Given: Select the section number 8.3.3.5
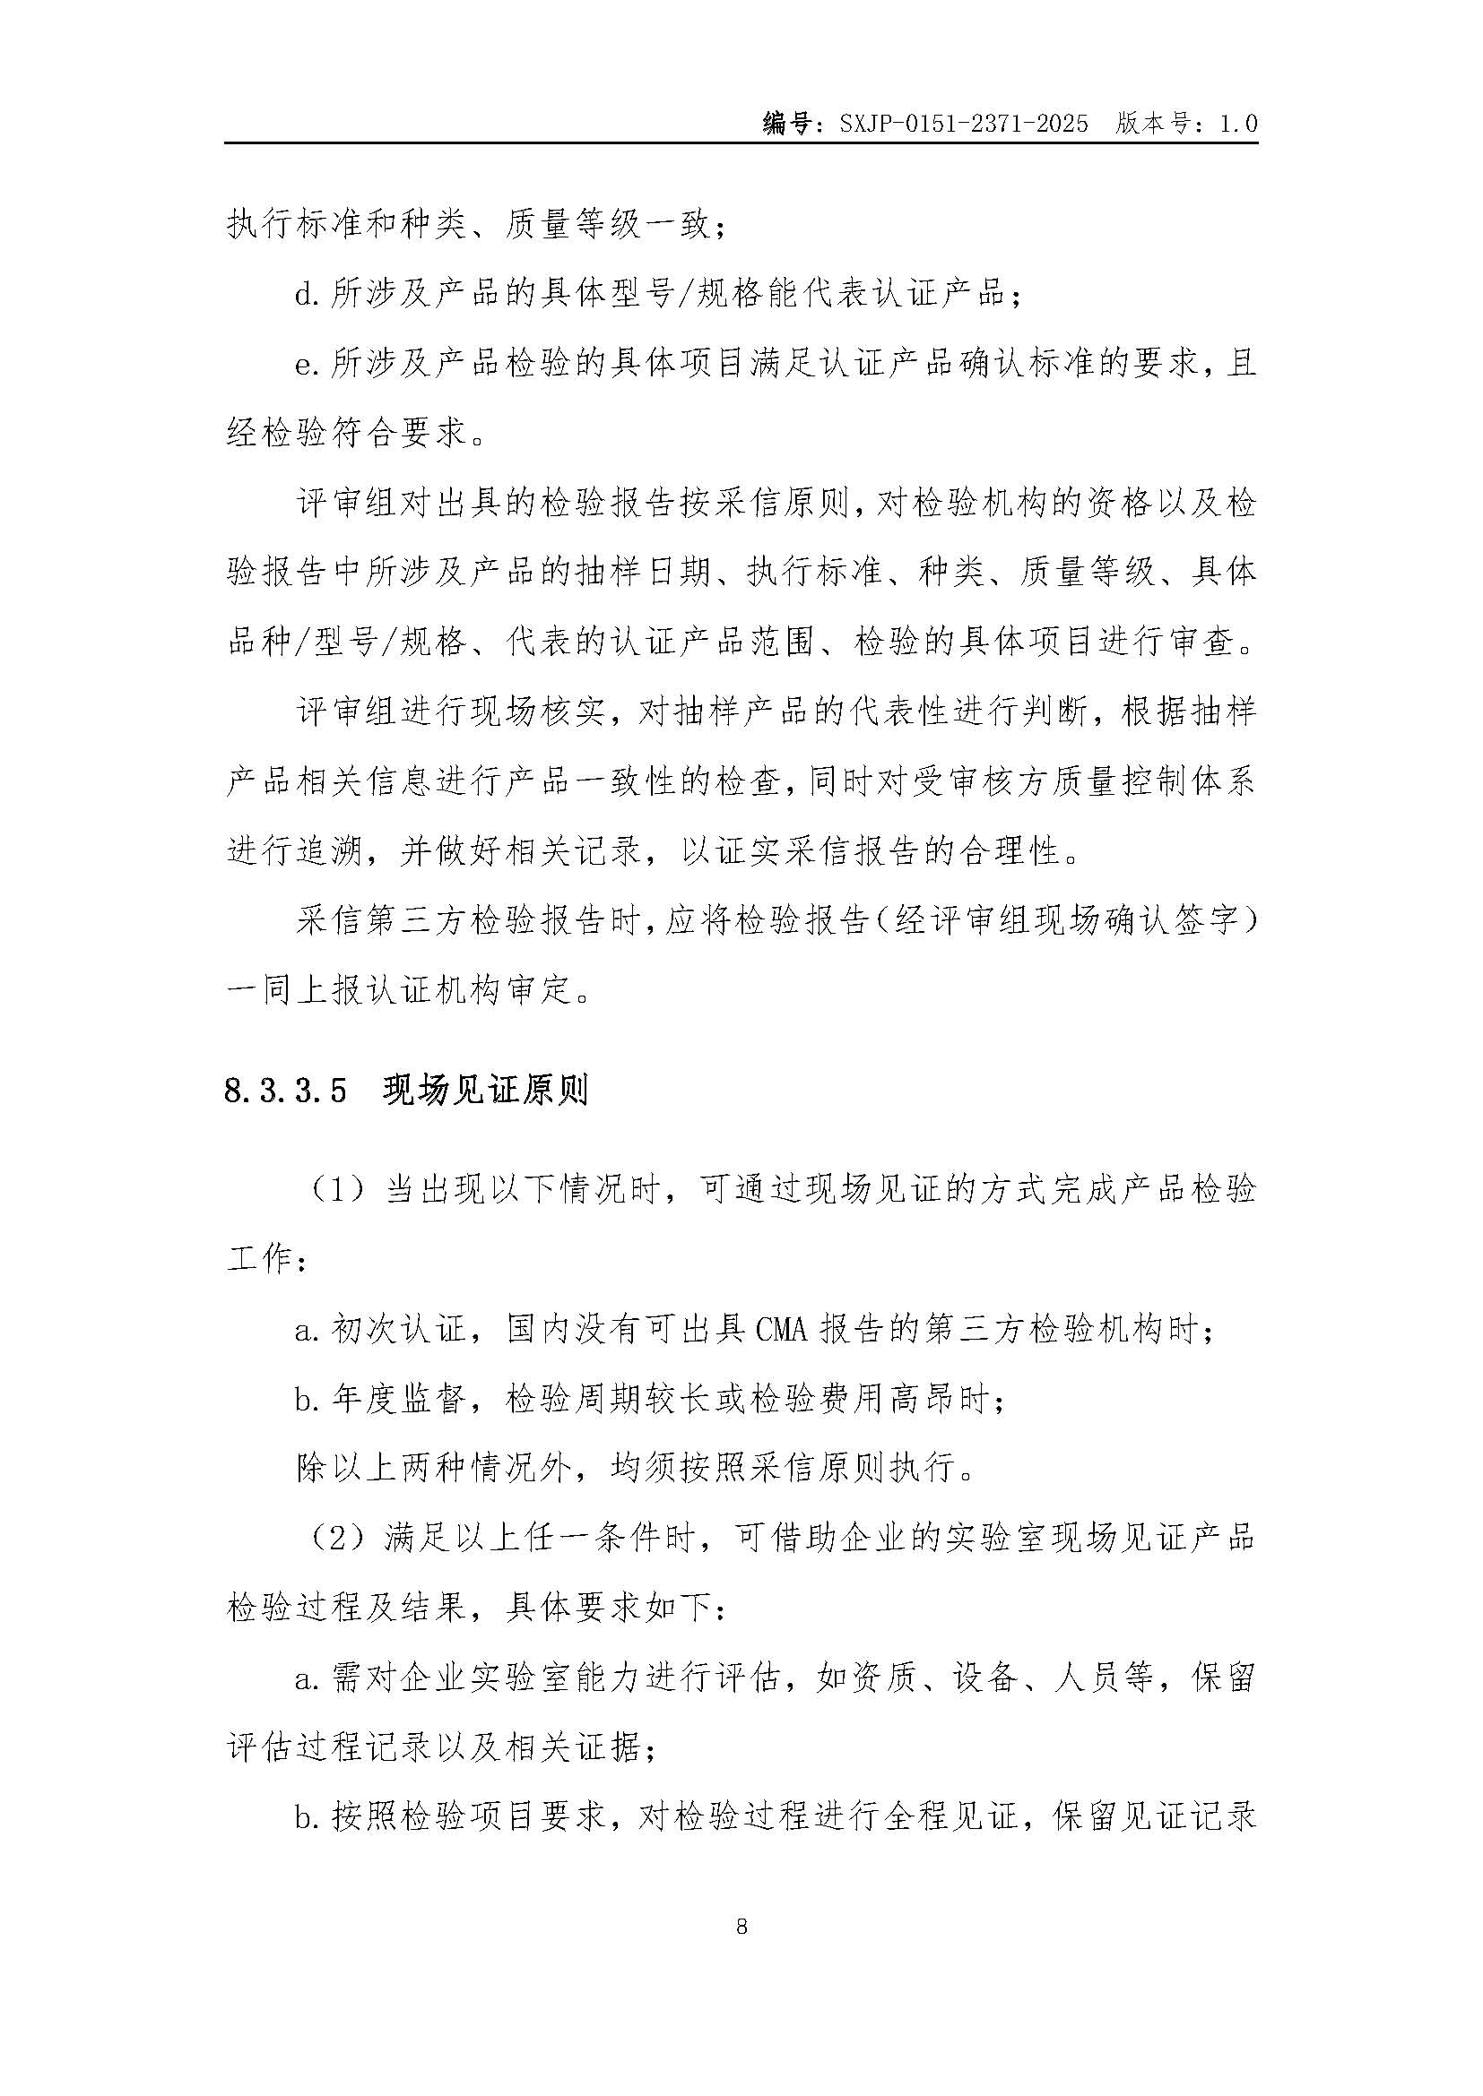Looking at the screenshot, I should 286,1091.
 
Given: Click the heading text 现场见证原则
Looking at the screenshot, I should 485,1091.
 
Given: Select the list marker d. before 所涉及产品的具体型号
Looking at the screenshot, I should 305,294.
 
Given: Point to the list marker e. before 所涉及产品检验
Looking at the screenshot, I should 305,364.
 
